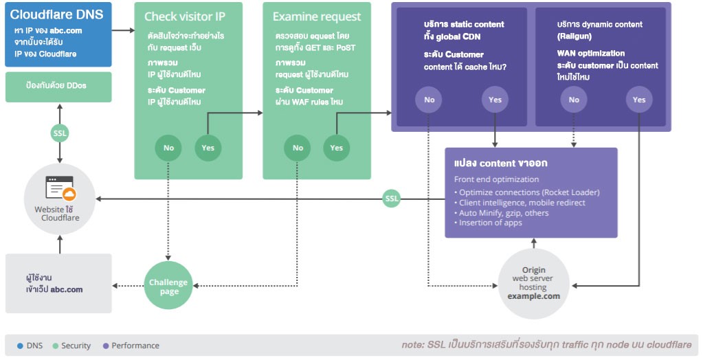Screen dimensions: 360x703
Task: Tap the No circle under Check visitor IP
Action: [168, 148]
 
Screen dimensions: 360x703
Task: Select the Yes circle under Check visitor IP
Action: [208, 148]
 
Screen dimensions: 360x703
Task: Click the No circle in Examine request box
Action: [298, 148]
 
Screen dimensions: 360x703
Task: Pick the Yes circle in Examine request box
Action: [336, 148]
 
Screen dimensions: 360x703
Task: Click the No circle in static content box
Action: [429, 100]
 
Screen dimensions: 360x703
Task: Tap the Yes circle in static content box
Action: [495, 100]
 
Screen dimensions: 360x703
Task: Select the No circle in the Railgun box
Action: [574, 100]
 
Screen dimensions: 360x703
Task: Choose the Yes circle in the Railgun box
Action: [639, 100]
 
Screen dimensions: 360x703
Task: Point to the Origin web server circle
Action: [533, 284]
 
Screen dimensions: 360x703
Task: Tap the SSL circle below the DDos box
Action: [60, 133]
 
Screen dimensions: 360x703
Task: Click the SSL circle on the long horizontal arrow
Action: [392, 199]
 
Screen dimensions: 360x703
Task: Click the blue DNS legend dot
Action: [20, 346]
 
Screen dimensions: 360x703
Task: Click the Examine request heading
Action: [317, 16]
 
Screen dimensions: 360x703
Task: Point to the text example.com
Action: [533, 296]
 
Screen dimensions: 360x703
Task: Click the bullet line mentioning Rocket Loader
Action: [529, 192]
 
